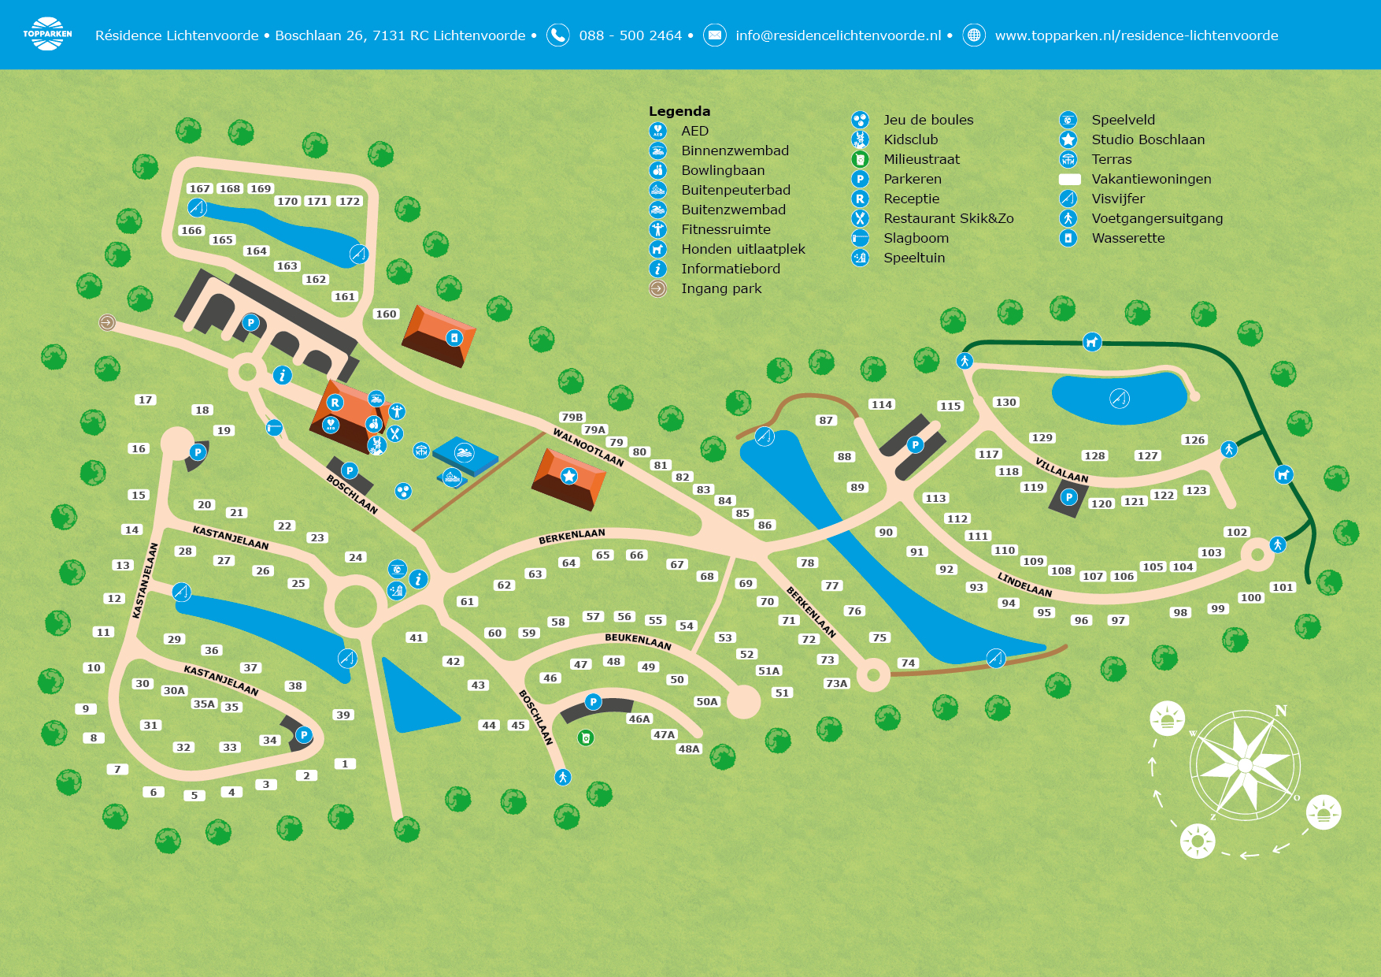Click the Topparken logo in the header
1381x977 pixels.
pos(47,34)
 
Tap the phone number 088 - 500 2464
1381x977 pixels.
pos(631,35)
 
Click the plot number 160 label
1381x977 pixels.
pos(386,314)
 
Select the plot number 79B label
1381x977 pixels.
pos(572,417)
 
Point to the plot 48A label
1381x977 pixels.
pos(689,749)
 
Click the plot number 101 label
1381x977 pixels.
pos(1283,587)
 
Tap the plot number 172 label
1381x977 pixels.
pos(349,201)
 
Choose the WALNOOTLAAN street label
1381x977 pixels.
pos(588,448)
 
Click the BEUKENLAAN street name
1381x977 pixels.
pos(638,641)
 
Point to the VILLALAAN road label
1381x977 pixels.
pos(1061,470)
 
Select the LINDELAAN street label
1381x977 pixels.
pos(1024,585)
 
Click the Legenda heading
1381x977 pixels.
pos(679,111)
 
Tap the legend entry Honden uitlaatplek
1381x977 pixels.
pos(743,249)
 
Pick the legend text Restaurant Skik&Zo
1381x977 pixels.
pos(949,218)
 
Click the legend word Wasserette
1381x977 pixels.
pos(1128,238)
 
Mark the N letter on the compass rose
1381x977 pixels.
pos(1281,711)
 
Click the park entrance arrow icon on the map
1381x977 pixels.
pos(107,322)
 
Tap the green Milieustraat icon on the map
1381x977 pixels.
pos(585,737)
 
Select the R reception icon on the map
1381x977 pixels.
pos(335,403)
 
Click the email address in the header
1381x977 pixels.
pos(839,35)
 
